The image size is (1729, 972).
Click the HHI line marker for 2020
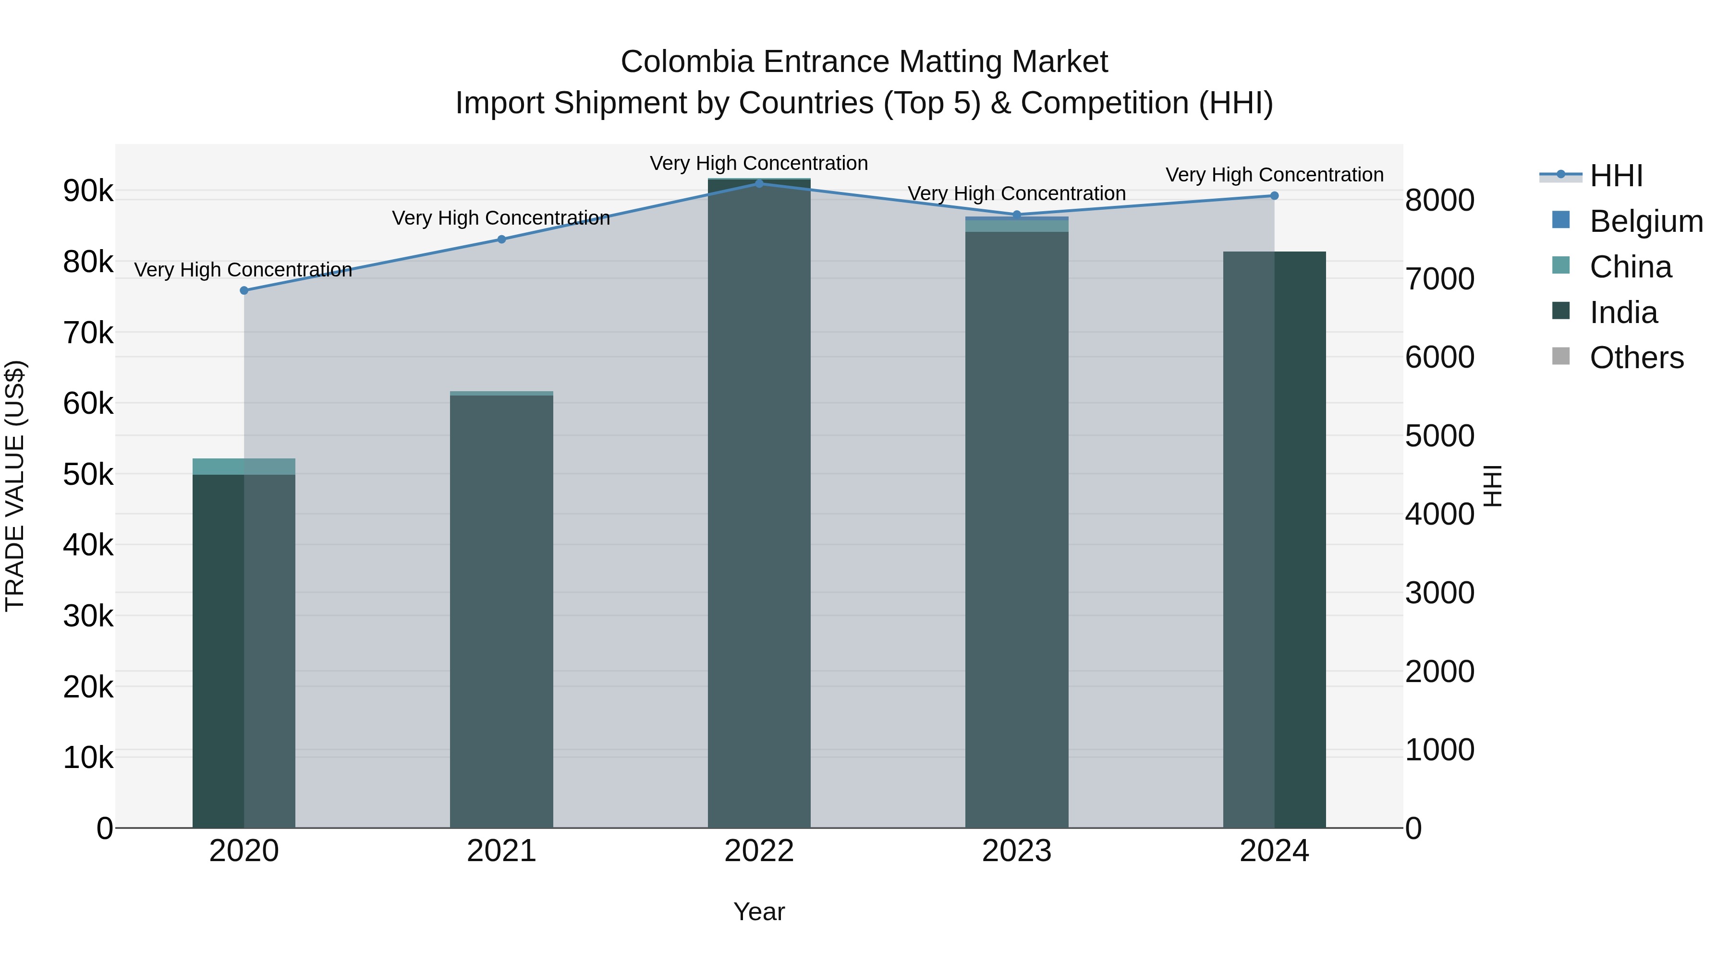[244, 290]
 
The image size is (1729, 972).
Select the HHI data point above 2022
[759, 183]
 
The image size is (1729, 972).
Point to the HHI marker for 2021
[501, 240]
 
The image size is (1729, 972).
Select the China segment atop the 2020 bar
[244, 466]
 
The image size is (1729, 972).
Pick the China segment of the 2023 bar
[1016, 226]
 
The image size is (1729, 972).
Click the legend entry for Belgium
[1646, 221]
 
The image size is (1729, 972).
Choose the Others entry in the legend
[1636, 358]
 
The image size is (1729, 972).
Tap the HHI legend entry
[1616, 176]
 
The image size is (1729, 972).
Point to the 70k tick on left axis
[88, 333]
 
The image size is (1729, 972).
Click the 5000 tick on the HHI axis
[1440, 436]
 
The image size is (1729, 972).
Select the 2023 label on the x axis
[1016, 851]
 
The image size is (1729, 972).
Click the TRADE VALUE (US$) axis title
[15, 486]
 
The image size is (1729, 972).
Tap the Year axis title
[759, 912]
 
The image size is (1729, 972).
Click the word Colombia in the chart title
[687, 62]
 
